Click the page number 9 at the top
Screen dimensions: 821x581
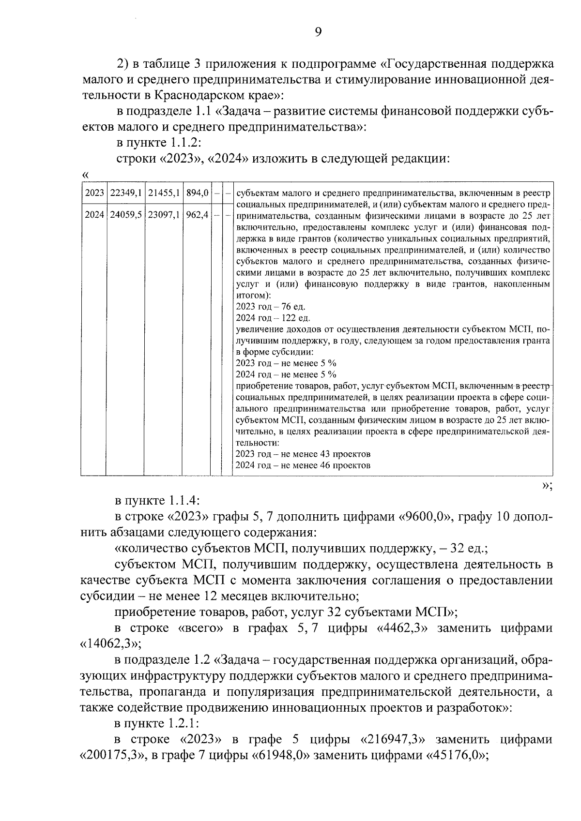tap(318, 32)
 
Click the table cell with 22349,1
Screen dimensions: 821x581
tap(125, 193)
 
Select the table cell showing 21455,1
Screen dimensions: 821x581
tap(164, 193)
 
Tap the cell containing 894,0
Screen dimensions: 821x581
tap(197, 193)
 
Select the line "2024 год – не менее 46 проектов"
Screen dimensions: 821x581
tap(303, 465)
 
